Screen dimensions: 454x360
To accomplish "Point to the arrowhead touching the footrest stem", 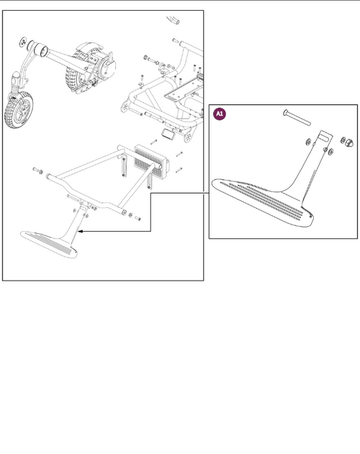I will click(x=82, y=232).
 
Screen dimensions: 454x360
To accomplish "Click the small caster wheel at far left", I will click(x=17, y=112).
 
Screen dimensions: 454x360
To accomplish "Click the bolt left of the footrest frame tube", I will click(x=37, y=170).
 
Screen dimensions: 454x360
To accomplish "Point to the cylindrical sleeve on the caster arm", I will click(x=42, y=51).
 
